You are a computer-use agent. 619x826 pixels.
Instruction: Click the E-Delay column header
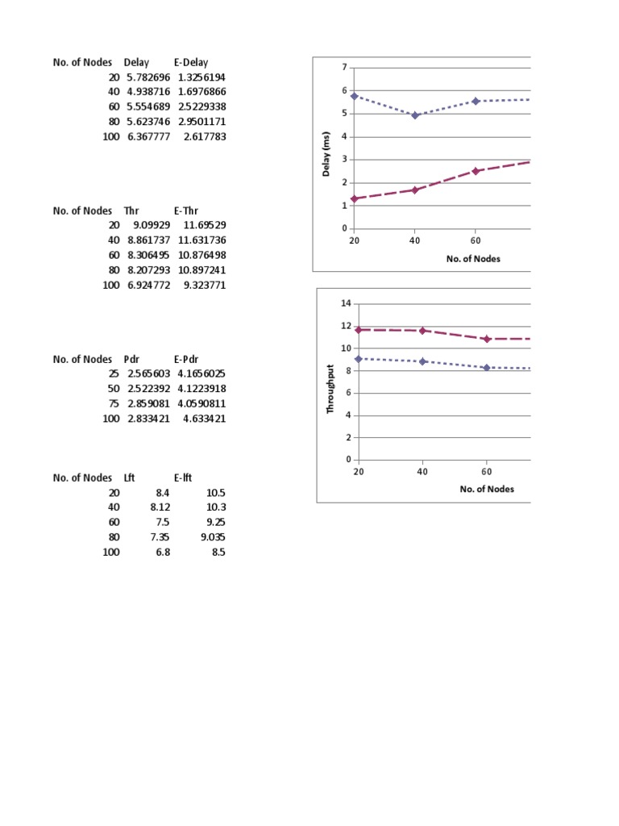tap(191, 62)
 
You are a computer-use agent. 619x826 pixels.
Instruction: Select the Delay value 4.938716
tap(148, 92)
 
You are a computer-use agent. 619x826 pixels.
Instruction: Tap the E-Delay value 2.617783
tap(205, 136)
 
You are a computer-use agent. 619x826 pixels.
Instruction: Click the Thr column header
tap(131, 211)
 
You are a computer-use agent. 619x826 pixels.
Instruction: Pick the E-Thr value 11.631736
tap(202, 240)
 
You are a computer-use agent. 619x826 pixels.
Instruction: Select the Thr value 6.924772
tap(149, 285)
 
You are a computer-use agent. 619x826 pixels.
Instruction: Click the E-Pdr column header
tap(186, 359)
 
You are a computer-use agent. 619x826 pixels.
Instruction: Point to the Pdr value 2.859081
tap(149, 403)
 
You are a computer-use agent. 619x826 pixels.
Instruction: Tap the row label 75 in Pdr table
tap(114, 403)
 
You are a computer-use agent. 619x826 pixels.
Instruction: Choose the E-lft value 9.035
tap(213, 537)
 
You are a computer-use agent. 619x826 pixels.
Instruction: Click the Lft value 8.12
tap(160, 507)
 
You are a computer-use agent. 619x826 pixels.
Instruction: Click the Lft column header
tap(130, 478)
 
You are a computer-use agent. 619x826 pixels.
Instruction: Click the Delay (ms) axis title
tap(326, 154)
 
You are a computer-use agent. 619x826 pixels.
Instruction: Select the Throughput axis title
tap(330, 389)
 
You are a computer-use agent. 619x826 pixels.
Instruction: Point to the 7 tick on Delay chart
tap(345, 68)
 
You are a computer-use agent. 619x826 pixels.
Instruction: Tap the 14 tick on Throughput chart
tap(346, 303)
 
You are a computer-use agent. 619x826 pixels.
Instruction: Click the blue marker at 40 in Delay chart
tap(415, 115)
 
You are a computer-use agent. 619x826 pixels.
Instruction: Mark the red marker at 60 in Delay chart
tap(476, 171)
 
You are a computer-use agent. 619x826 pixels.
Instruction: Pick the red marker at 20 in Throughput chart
tap(359, 330)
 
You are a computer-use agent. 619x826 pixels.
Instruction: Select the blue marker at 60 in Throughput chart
tap(486, 367)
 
